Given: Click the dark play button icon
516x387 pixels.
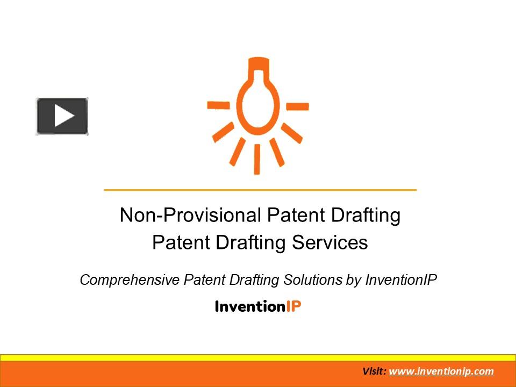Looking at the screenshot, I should point(62,116).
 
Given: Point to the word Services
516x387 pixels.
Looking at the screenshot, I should point(330,242).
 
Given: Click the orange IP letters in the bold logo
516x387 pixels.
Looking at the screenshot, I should point(293,306).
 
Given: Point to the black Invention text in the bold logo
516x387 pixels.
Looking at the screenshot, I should point(249,306).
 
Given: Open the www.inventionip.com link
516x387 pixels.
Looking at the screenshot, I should point(441,371).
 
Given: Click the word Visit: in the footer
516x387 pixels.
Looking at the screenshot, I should point(374,371).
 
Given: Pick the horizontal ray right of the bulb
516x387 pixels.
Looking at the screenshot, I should point(297,106).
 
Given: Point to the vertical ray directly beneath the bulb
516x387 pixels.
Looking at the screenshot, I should point(257,159).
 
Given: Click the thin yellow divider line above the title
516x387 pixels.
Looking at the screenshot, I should point(260,190).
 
